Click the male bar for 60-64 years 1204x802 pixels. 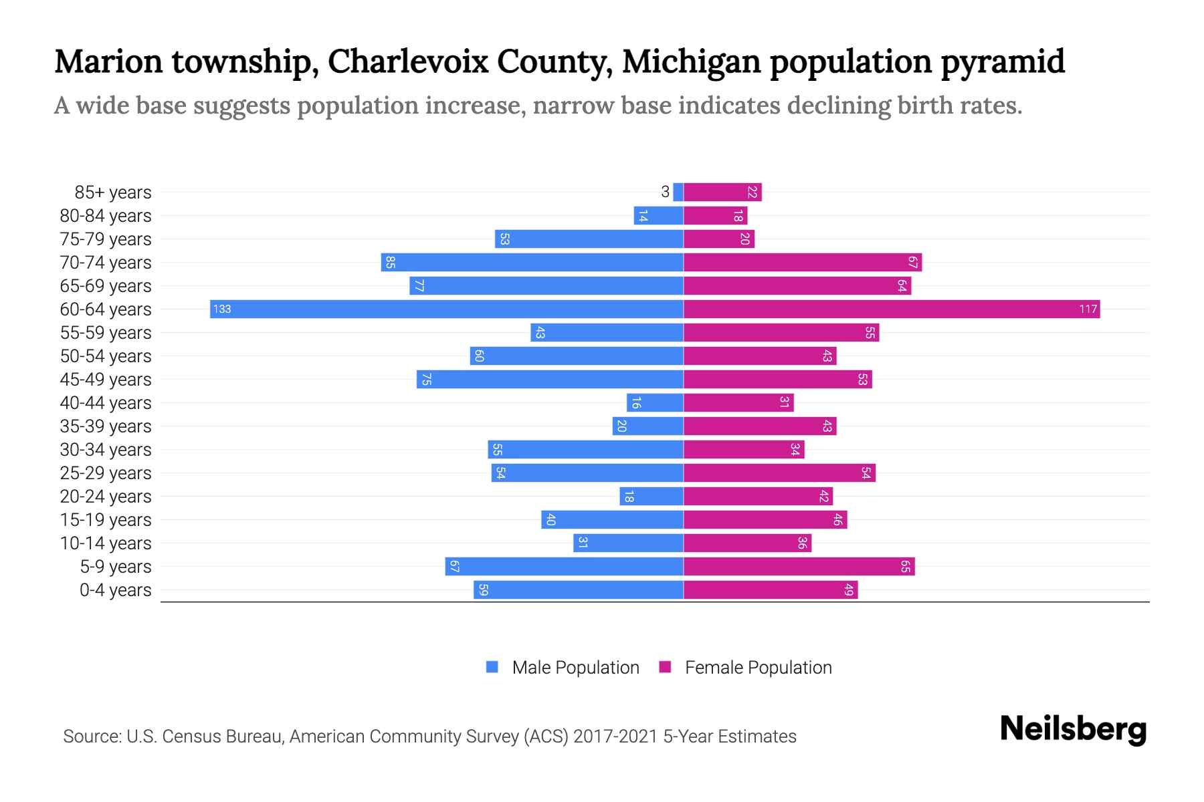[446, 309]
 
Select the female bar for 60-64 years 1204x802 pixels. [891, 309]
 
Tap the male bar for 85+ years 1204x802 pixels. [678, 192]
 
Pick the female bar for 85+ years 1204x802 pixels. [722, 192]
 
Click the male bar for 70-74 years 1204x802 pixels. [532, 262]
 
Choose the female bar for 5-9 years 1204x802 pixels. [799, 566]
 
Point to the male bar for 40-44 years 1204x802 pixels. [654, 402]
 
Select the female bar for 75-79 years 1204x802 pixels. [718, 239]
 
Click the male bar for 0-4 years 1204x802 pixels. [578, 589]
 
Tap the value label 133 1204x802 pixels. [222, 309]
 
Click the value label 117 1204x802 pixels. [1088, 309]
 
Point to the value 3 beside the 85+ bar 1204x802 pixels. [665, 192]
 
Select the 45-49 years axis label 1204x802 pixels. [106, 379]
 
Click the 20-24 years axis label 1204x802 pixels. [106, 496]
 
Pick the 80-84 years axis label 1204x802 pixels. [106, 215]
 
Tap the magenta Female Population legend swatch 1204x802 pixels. [665, 667]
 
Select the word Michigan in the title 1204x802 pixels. [691, 61]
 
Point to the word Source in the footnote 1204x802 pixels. [91, 737]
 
